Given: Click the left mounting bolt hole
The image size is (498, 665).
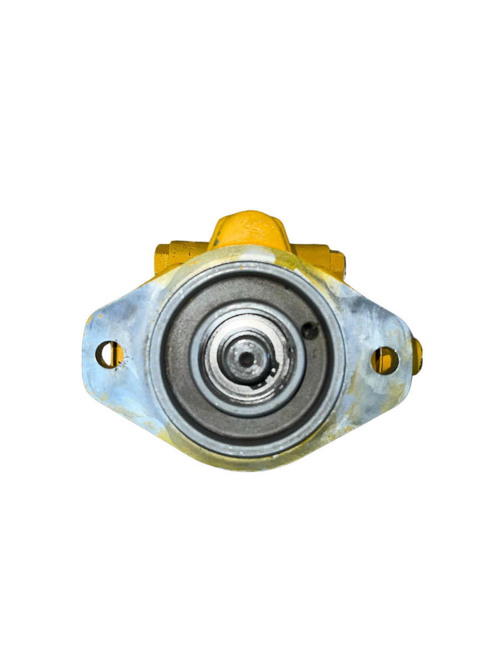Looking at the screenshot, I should click(x=109, y=355).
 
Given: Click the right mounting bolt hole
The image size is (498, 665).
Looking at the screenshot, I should click(x=384, y=360).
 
